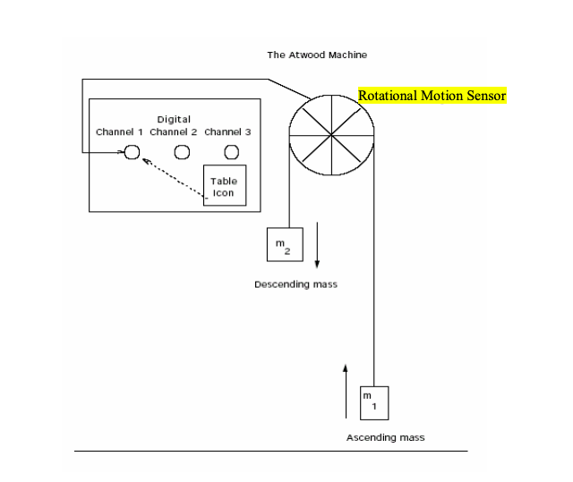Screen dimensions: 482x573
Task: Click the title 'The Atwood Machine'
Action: click(x=317, y=55)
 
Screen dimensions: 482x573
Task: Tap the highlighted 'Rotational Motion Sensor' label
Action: click(x=432, y=96)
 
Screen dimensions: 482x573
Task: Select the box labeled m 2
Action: click(x=284, y=245)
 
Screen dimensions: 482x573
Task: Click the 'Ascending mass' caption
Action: click(x=385, y=437)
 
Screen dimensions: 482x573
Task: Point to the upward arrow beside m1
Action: click(x=346, y=392)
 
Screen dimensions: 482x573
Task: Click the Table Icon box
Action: click(x=223, y=186)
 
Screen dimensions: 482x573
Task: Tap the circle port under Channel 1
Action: click(x=132, y=152)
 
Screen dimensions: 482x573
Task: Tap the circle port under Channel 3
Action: click(x=231, y=152)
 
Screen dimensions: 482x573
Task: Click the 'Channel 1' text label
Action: click(x=119, y=131)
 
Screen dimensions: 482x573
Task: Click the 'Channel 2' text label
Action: click(x=174, y=131)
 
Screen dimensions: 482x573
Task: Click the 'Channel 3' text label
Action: click(x=227, y=131)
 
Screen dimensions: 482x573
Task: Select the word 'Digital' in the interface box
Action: click(x=174, y=119)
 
